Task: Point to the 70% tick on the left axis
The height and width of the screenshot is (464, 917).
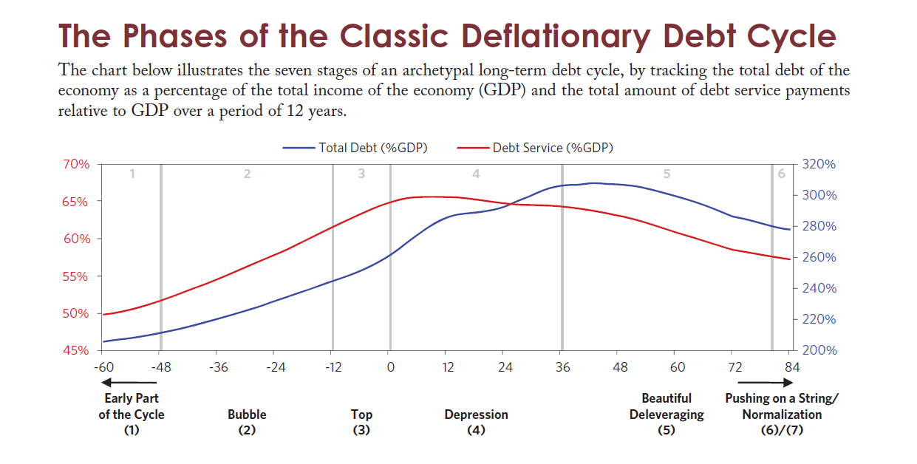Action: point(74,164)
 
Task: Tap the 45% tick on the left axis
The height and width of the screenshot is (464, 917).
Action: point(74,350)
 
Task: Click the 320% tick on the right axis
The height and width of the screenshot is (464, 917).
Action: point(818,164)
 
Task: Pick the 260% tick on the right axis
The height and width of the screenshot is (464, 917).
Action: point(818,257)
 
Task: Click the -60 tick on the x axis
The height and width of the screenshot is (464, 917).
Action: point(103,367)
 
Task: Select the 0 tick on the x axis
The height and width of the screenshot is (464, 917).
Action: point(389,367)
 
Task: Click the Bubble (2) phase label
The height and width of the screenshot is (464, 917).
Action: point(247,422)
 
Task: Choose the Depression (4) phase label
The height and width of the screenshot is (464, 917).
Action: point(476,422)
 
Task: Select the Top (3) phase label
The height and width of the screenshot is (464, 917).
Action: point(361,422)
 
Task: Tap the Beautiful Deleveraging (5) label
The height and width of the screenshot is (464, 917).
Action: point(667,414)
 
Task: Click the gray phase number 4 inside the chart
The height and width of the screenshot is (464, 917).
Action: point(477,174)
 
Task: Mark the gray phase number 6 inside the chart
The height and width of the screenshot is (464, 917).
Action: point(782,174)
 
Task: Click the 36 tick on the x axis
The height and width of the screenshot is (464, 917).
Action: point(562,367)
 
